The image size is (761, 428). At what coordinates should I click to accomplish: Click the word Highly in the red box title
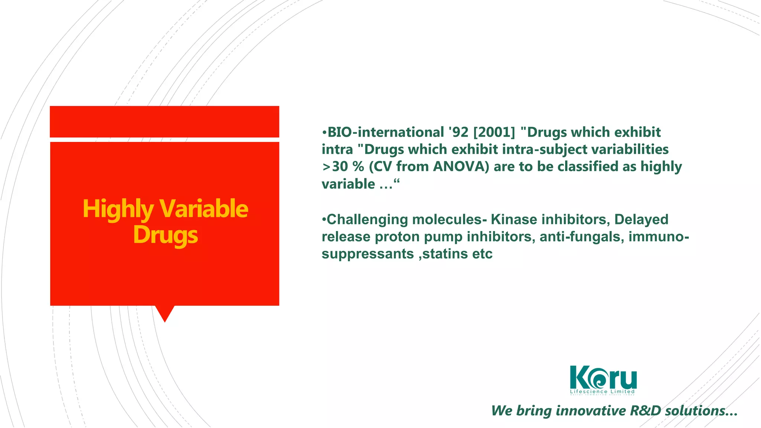[117, 209]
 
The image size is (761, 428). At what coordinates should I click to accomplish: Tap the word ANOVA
[461, 167]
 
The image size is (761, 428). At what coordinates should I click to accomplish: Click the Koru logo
[603, 377]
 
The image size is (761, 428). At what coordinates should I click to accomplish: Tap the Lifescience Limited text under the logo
[602, 392]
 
